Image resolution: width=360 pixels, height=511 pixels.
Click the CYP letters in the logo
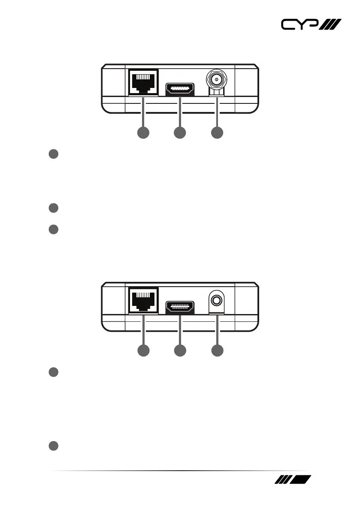299,25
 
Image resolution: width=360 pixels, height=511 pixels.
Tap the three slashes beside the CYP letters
330,25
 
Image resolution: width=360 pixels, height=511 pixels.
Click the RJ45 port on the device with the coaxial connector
143,82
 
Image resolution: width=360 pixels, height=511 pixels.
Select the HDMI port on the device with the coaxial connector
180,89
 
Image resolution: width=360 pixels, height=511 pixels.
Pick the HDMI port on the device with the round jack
180,308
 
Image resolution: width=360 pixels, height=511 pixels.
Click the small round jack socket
217,299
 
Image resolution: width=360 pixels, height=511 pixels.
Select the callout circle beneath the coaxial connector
217,133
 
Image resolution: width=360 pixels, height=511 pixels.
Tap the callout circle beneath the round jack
217,351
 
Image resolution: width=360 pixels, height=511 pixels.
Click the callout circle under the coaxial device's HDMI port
180,133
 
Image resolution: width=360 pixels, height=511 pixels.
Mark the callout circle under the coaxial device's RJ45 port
143,133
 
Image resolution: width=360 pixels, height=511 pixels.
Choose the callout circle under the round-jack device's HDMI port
180,351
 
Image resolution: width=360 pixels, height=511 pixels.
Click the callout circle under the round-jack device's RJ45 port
143,351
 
